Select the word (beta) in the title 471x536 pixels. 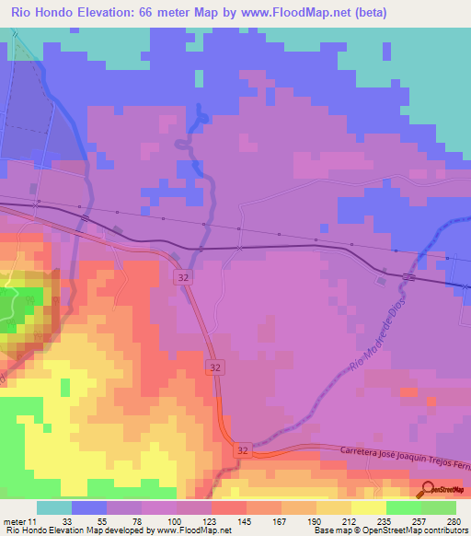pyautogui.click(x=364, y=13)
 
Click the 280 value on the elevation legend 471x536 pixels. pyautogui.click(x=452, y=520)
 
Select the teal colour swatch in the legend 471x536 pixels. pyautogui.click(x=54, y=507)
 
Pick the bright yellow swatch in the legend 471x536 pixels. pyautogui.click(x=368, y=507)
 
